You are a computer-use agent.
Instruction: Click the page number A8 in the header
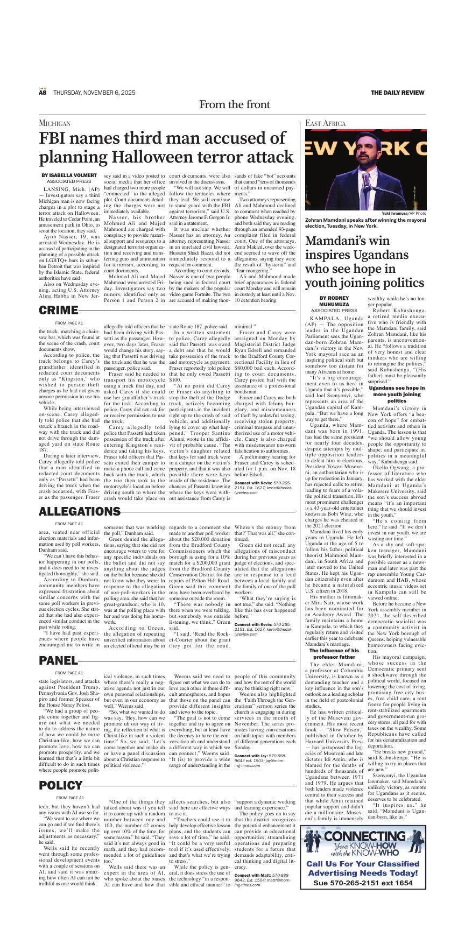click(x=43, y=93)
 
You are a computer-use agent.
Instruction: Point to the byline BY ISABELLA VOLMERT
click(x=69, y=175)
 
